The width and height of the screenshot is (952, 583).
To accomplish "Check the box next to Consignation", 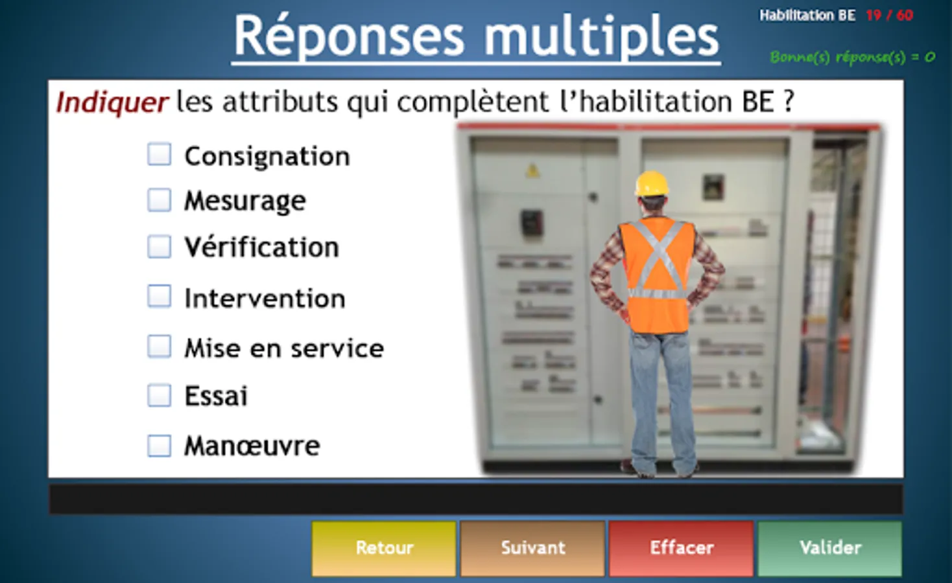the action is pyautogui.click(x=160, y=154).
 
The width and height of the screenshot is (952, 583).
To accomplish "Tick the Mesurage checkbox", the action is pyautogui.click(x=160, y=200).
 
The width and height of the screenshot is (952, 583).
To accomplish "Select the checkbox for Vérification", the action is pyautogui.click(x=160, y=247).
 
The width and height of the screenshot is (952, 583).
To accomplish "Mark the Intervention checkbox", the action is pyautogui.click(x=160, y=296).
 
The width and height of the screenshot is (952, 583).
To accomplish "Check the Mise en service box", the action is pyautogui.click(x=160, y=347).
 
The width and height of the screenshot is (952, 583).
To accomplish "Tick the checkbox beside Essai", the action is pyautogui.click(x=160, y=395).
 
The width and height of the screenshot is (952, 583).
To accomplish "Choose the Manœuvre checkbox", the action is pyautogui.click(x=160, y=446).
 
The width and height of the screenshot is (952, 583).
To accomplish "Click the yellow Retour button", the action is pyautogui.click(x=384, y=548).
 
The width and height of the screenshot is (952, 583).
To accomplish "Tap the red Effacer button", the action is pyautogui.click(x=682, y=548).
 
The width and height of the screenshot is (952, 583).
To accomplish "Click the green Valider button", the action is pyautogui.click(x=830, y=548).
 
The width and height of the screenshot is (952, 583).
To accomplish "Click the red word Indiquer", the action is pyautogui.click(x=112, y=103).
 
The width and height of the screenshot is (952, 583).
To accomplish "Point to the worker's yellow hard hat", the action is pyautogui.click(x=652, y=183).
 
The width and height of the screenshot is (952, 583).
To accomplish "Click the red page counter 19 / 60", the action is pyautogui.click(x=889, y=16).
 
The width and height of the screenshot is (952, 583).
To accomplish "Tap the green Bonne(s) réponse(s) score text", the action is pyautogui.click(x=853, y=57).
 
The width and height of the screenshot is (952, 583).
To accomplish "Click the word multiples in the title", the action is pyautogui.click(x=601, y=37).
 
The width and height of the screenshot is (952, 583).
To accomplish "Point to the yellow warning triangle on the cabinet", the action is pyautogui.click(x=532, y=171).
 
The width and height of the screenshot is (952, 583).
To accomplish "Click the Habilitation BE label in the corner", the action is pyautogui.click(x=807, y=16).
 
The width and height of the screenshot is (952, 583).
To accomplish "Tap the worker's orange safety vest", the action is pyautogui.click(x=657, y=275).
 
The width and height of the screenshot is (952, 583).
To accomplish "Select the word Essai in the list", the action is pyautogui.click(x=216, y=396).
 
